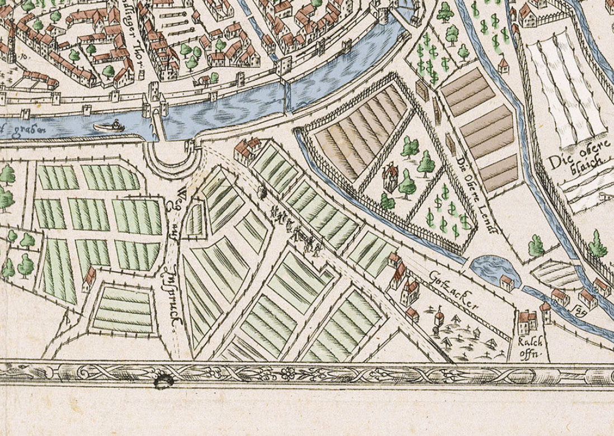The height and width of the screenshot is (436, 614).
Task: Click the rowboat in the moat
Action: click(108, 126)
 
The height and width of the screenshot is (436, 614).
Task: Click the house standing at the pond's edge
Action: click(507, 282)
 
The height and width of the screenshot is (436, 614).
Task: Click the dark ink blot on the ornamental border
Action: click(163, 381)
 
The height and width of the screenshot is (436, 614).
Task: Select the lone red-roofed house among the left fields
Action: click(89, 278)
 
